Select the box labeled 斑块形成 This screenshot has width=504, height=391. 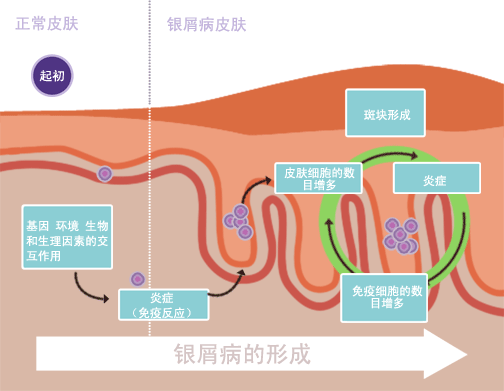point(386,112)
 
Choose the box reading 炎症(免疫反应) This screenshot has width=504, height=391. point(163,305)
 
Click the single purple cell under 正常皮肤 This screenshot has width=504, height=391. point(104,174)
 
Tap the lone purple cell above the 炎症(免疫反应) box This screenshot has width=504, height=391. point(138,279)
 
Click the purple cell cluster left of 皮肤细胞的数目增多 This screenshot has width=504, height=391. point(239,221)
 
